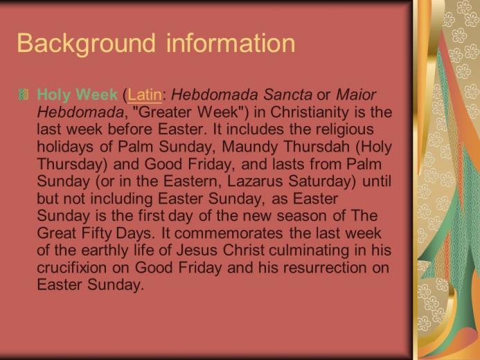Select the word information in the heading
[x=231, y=43]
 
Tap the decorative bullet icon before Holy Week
[x=24, y=94]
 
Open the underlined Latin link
[x=145, y=95]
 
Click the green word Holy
[x=54, y=96]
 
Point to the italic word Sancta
[x=287, y=95]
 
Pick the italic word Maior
[x=356, y=95]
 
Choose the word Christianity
[x=310, y=113]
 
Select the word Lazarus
[x=255, y=181]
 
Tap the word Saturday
[x=322, y=182]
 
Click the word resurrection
[x=325, y=268]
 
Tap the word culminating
[x=309, y=251]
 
